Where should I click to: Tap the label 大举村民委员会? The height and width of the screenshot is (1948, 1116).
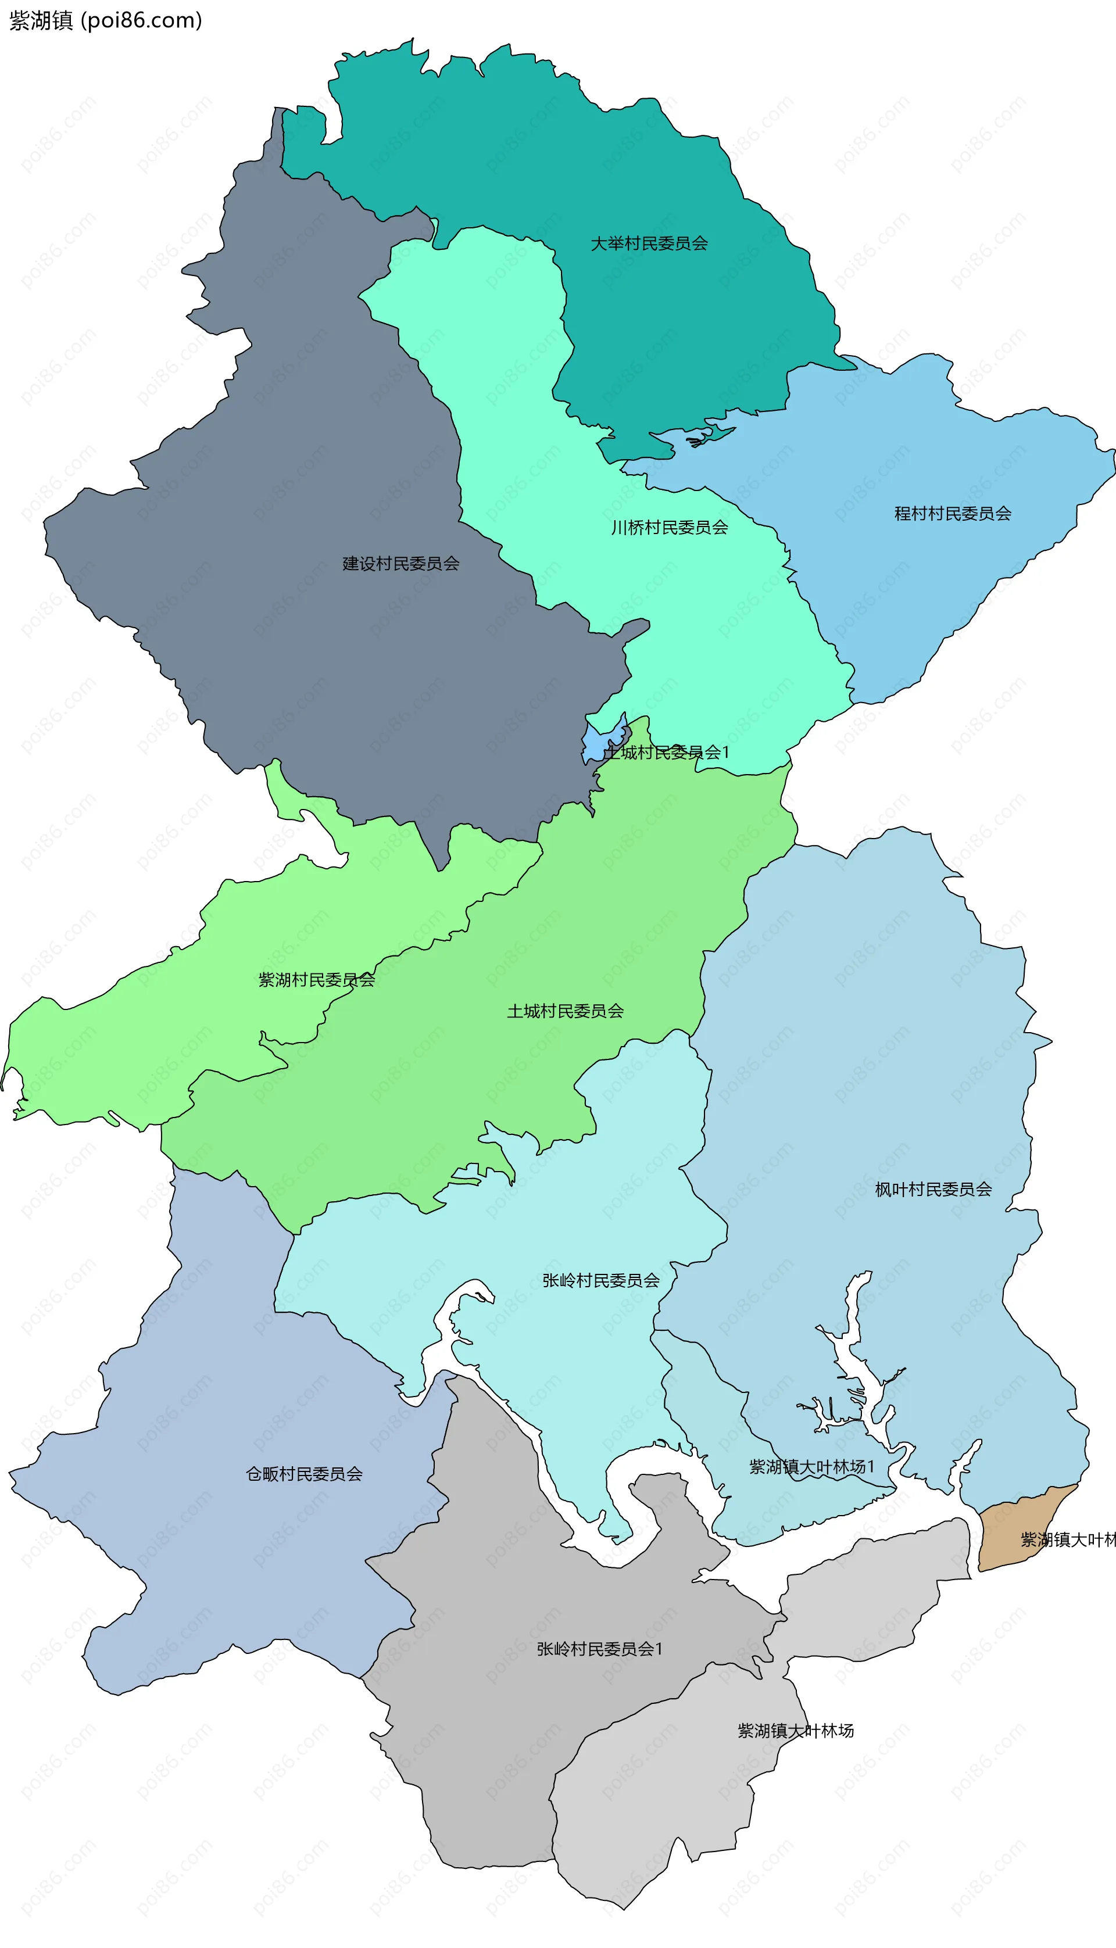pyautogui.click(x=649, y=243)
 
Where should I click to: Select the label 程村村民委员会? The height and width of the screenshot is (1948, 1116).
pyautogui.click(x=953, y=513)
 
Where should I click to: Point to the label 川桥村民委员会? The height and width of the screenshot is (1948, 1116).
pyautogui.click(x=669, y=527)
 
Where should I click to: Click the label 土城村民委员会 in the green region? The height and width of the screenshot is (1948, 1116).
pyautogui.click(x=565, y=1011)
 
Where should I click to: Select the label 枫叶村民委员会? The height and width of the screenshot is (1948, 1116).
pyautogui.click(x=933, y=1190)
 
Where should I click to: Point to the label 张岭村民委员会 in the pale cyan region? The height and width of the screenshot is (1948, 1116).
pyautogui.click(x=601, y=1280)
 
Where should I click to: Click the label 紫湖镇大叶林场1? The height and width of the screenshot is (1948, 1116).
pyautogui.click(x=811, y=1467)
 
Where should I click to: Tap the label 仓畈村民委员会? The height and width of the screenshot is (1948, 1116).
pyautogui.click(x=305, y=1474)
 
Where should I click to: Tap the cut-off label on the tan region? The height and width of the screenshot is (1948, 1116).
pyautogui.click(x=1068, y=1539)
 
